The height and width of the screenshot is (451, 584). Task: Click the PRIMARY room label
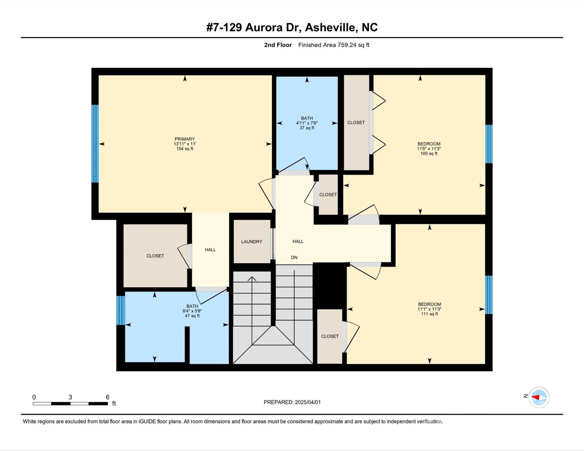(184, 139)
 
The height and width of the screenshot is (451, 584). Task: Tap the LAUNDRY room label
(251, 242)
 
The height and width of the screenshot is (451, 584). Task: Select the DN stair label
(294, 258)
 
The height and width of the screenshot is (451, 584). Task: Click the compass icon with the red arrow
(539, 398)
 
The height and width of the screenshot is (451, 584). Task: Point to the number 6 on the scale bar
(108, 397)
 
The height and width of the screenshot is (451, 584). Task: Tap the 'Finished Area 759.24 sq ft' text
(334, 45)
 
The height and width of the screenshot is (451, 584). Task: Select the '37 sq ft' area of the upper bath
(307, 128)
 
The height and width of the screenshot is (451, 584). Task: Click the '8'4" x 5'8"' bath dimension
(192, 311)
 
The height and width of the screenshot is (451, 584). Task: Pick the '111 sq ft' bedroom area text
(429, 314)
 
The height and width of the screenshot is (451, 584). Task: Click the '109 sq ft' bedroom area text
(429, 154)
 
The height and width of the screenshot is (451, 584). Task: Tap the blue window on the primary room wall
(95, 144)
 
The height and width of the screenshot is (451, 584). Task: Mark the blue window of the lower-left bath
(121, 310)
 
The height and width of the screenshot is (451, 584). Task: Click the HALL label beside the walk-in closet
(210, 250)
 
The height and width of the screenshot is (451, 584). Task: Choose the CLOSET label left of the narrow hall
(155, 256)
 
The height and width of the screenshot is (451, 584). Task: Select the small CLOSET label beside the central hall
(328, 195)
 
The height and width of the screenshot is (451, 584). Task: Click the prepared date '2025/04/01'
(308, 402)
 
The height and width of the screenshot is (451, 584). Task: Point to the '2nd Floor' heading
(278, 45)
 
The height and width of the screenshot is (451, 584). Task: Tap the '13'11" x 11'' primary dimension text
(184, 144)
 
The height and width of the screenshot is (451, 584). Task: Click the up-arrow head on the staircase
(252, 279)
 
